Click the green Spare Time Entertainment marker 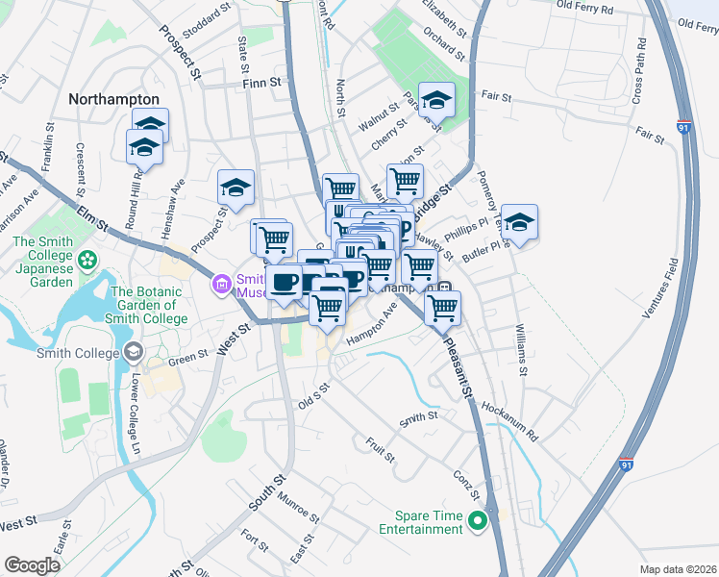pyautogui.click(x=478, y=523)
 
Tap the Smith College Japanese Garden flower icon pyautogui.click(x=87, y=259)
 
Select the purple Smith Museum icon pyautogui.click(x=220, y=285)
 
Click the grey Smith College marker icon pyautogui.click(x=132, y=351)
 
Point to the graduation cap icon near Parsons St pyautogui.click(x=436, y=99)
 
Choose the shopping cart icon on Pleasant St pyautogui.click(x=441, y=308)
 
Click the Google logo pyautogui.click(x=32, y=564)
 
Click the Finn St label pyautogui.click(x=262, y=84)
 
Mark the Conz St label pyautogui.click(x=470, y=486)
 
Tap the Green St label pyautogui.click(x=188, y=360)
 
